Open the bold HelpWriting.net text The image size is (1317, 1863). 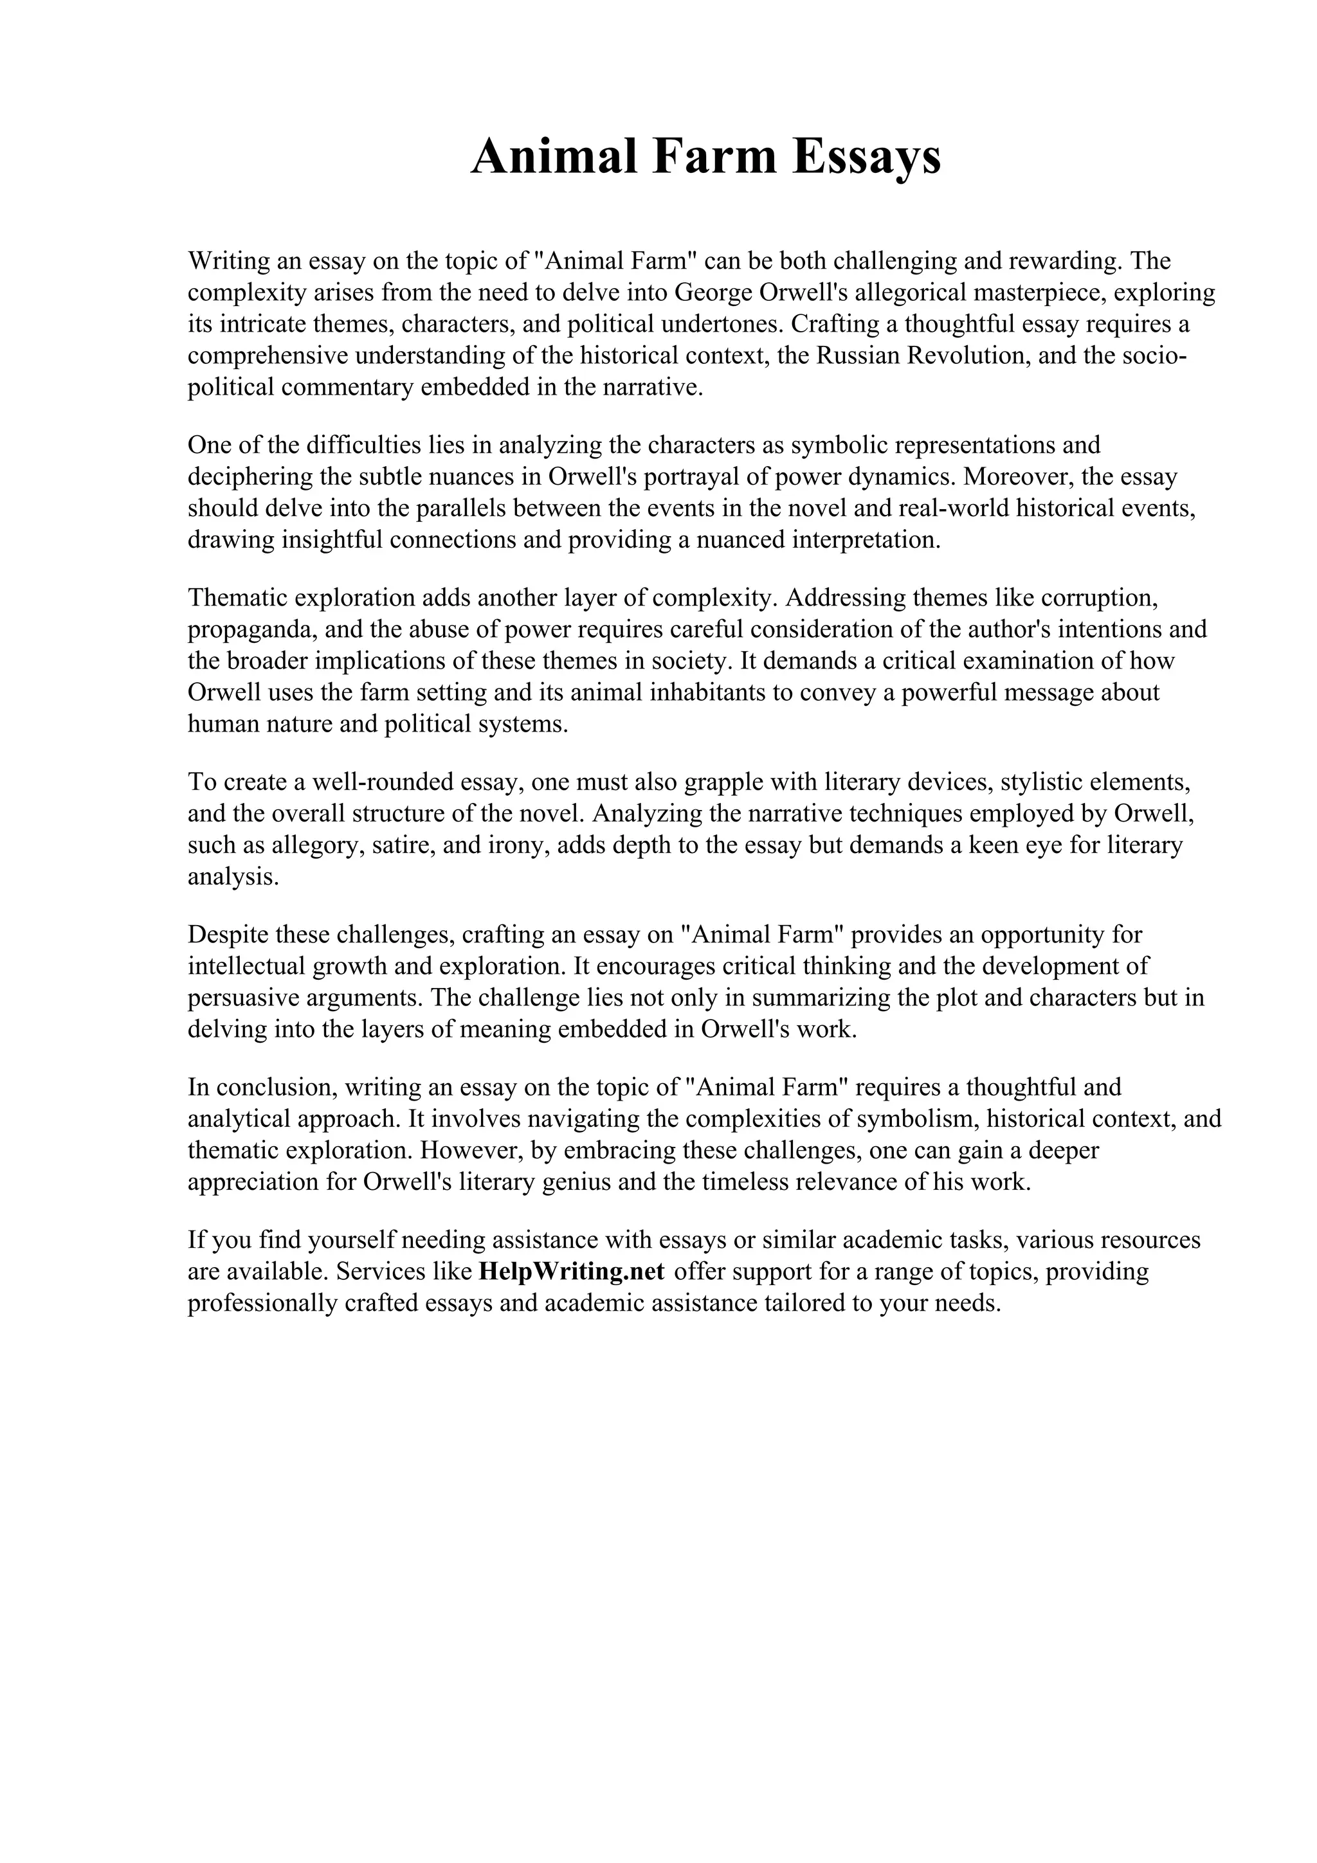pyautogui.click(x=572, y=1271)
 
